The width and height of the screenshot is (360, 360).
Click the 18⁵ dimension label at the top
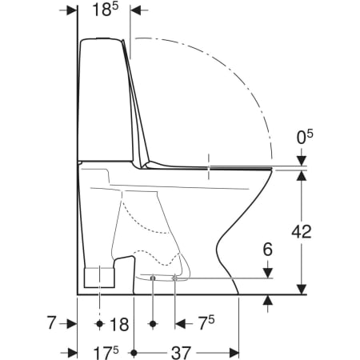[106, 10]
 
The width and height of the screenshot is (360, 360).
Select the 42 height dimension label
[302, 231]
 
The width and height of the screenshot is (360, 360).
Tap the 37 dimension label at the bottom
[182, 353]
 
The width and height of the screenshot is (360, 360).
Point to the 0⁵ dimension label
[305, 137]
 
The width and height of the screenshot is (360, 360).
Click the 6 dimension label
[268, 250]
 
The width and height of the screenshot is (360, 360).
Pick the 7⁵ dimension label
[207, 323]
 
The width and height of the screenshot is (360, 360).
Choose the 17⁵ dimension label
[106, 353]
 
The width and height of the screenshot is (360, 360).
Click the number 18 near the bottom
[119, 324]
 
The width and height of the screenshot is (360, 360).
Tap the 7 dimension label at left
[51, 322]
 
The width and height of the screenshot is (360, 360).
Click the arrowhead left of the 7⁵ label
[180, 324]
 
